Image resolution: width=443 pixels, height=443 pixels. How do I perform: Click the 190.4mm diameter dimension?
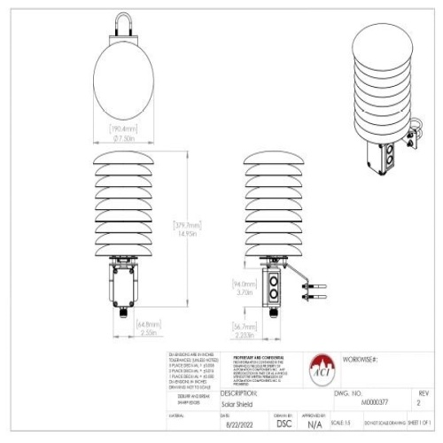coord(122,134)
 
